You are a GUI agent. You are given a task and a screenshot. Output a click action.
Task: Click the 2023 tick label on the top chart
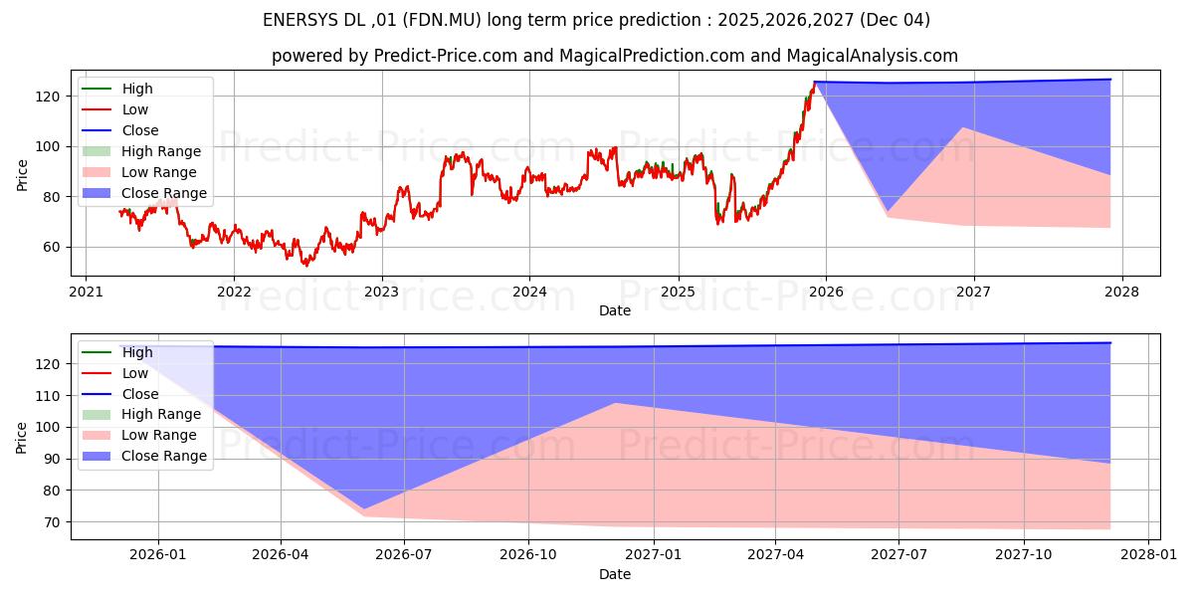(x=381, y=292)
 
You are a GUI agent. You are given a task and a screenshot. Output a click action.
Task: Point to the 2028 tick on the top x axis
(x=1121, y=292)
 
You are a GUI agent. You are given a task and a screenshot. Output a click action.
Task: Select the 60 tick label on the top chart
(x=53, y=247)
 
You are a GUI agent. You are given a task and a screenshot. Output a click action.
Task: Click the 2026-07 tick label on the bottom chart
(x=404, y=556)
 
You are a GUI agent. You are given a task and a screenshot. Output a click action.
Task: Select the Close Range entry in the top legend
(x=164, y=193)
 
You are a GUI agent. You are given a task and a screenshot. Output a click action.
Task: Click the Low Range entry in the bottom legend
(x=160, y=435)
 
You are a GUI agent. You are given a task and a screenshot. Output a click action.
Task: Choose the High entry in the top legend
(x=137, y=89)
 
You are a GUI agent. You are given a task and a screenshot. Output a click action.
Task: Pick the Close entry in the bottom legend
(x=140, y=394)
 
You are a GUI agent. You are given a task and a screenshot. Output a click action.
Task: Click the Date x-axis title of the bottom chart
(x=614, y=575)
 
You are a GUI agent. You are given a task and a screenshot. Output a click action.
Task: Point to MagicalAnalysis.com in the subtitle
(x=872, y=57)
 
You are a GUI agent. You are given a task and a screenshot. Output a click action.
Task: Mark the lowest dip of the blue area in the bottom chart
(x=364, y=509)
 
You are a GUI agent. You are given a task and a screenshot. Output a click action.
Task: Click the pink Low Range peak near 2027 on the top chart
(x=962, y=127)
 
